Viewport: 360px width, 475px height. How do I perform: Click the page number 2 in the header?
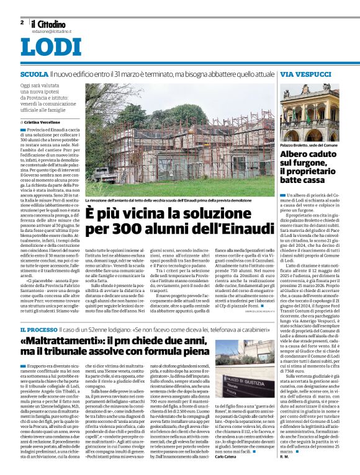[22, 22]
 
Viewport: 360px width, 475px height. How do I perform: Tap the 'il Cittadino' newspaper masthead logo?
[47, 23]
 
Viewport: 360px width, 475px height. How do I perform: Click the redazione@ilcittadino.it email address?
[53, 30]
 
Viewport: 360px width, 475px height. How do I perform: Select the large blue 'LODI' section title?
[51, 48]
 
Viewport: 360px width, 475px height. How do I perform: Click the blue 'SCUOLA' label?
[33, 74]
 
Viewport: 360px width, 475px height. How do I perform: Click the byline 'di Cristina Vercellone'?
[45, 123]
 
